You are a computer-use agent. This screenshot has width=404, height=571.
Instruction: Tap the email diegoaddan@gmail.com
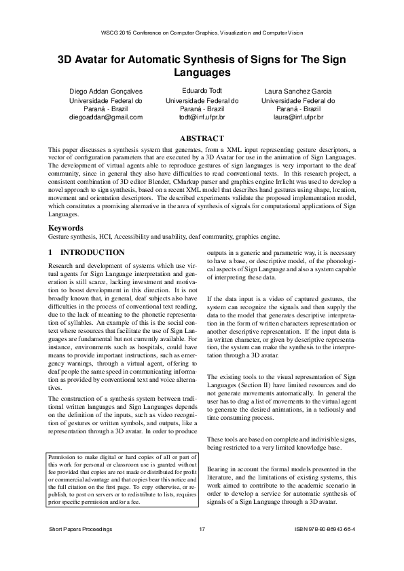[x=106, y=117]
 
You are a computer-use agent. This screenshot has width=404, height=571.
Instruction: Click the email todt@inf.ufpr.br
[x=202, y=117]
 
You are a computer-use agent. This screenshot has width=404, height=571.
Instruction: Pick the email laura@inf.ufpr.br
[x=297, y=117]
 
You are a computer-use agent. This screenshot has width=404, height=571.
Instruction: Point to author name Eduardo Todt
[x=202, y=90]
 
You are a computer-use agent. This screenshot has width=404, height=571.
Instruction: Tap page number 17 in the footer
[x=202, y=547]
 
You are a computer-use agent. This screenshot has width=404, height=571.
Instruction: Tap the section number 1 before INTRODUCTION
[x=51, y=252]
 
